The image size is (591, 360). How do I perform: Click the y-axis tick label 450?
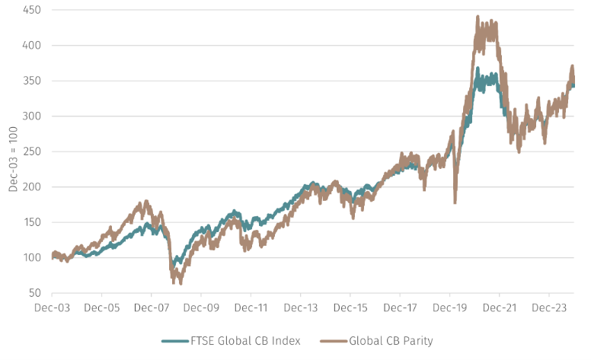(x=32, y=10)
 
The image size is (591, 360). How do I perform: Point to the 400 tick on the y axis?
(x=32, y=45)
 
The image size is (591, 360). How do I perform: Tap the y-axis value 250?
(x=32, y=151)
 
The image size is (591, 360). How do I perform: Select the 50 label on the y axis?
(x=34, y=293)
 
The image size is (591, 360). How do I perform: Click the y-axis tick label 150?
(x=32, y=222)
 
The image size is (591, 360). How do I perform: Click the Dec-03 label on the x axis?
(x=52, y=307)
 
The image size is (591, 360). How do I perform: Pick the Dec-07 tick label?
(x=152, y=307)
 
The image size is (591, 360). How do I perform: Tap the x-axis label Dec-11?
(x=251, y=307)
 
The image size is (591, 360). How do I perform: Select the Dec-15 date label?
(x=350, y=307)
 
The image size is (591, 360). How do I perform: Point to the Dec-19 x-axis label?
(x=449, y=307)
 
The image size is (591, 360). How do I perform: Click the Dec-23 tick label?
(x=549, y=307)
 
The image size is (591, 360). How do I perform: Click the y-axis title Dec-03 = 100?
(x=13, y=159)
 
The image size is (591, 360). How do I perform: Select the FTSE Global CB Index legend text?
(x=245, y=341)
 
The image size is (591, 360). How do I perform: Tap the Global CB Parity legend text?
(x=391, y=341)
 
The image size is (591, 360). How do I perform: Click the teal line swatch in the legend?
(x=175, y=341)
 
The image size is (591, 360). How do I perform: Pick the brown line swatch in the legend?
(x=334, y=341)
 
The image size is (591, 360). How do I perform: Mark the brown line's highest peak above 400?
(x=478, y=17)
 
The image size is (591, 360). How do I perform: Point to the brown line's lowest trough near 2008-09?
(x=180, y=283)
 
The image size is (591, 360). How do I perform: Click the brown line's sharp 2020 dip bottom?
(x=455, y=202)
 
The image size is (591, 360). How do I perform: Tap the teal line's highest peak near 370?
(x=478, y=68)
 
